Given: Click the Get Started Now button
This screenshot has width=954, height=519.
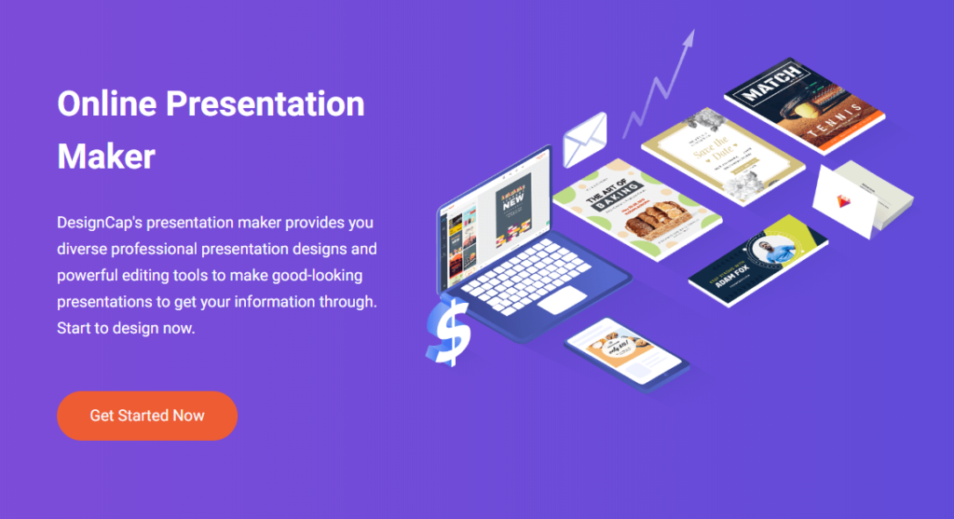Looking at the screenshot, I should [x=147, y=416].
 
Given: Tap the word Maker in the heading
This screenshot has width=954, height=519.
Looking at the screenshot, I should [x=106, y=156].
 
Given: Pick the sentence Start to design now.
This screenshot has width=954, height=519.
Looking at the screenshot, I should [x=126, y=329].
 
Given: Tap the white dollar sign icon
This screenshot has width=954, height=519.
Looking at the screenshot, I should [x=445, y=331].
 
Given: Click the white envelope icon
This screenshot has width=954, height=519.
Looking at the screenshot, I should [x=585, y=139].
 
